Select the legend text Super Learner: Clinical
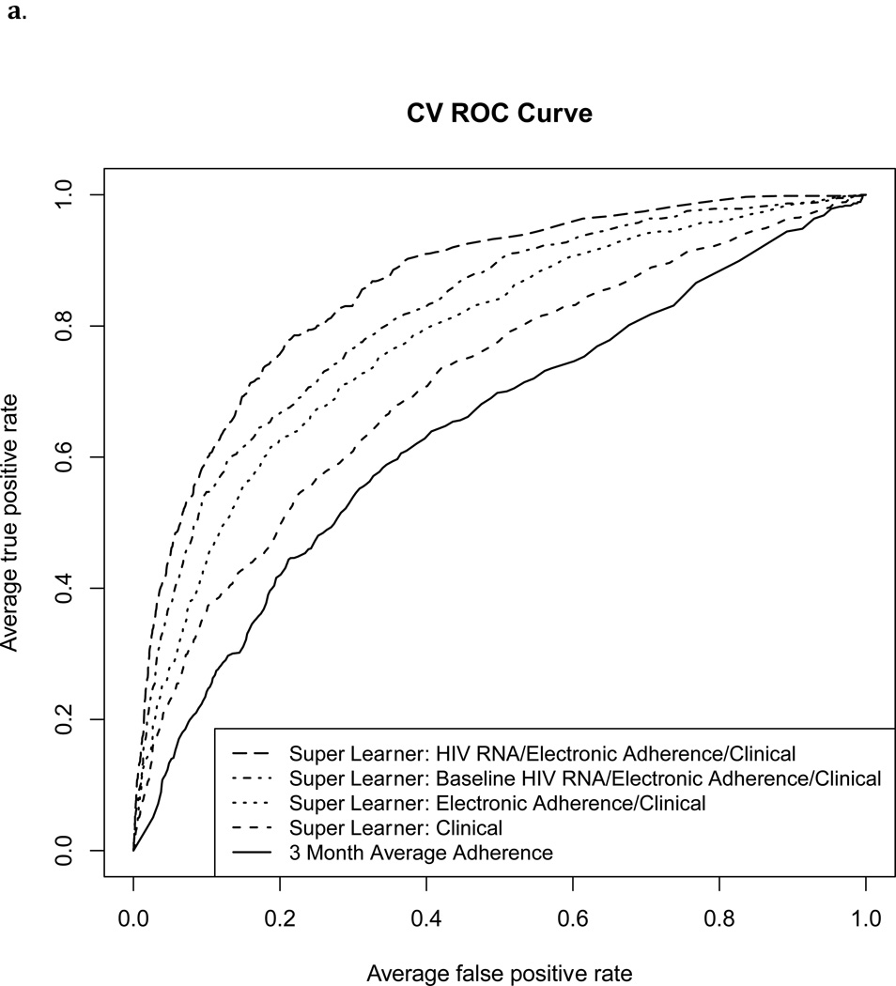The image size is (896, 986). pos(396,828)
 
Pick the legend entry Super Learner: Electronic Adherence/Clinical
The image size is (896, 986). pos(497,803)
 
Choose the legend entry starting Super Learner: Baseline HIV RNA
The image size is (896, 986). pos(585,778)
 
